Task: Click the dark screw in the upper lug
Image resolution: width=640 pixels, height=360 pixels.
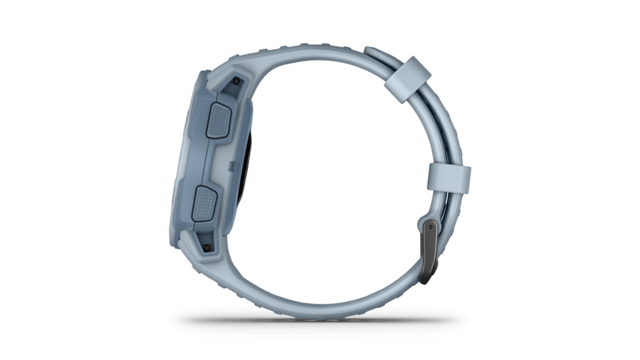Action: [236, 82]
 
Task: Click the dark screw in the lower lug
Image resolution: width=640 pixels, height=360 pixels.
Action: [207, 248]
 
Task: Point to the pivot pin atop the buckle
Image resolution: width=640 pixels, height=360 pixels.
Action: [430, 227]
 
